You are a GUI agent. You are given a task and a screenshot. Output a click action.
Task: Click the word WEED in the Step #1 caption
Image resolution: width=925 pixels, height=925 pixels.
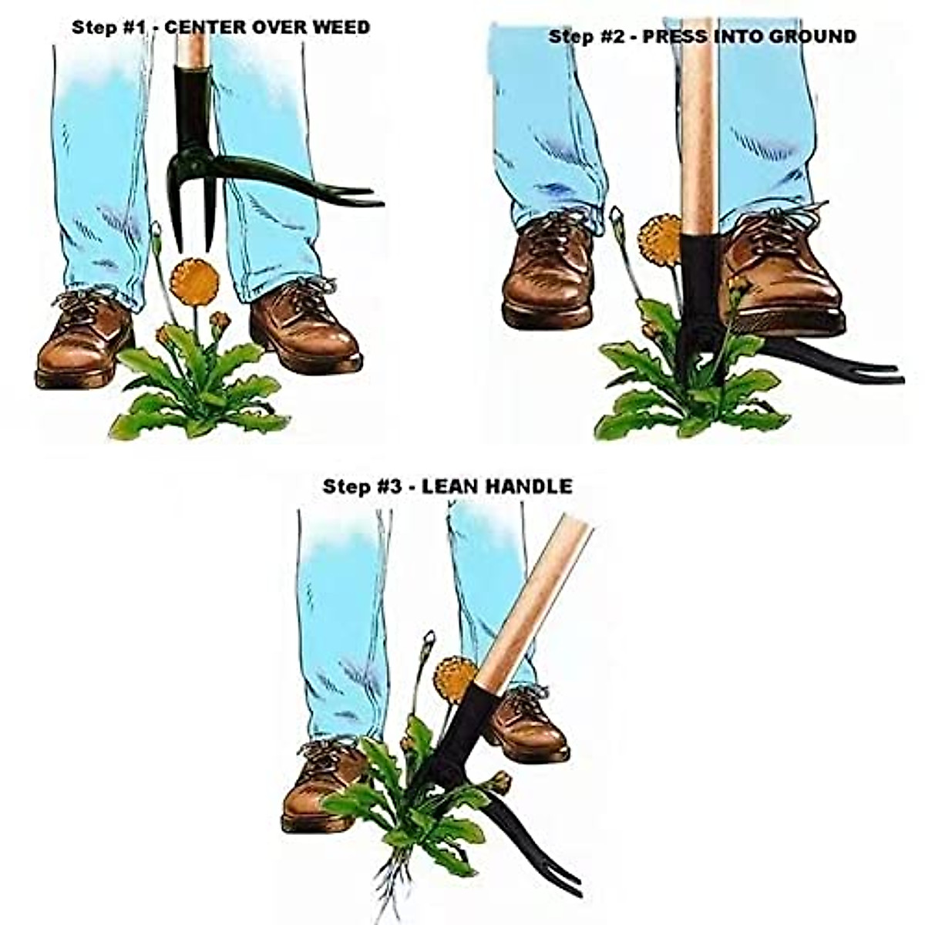tap(340, 27)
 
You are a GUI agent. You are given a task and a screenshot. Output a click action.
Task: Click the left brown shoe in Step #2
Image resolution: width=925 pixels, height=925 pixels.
tap(548, 270)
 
